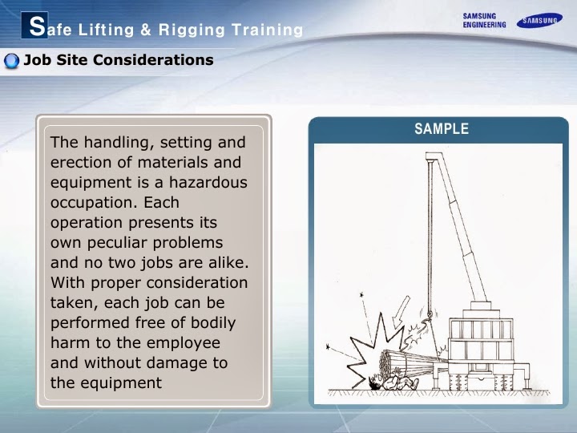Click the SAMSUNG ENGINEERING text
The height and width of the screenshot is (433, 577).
pyautogui.click(x=485, y=20)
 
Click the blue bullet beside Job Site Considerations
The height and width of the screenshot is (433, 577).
pyautogui.click(x=11, y=61)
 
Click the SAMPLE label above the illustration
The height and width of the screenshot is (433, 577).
pyautogui.click(x=441, y=129)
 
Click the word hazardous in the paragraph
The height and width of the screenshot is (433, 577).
pyautogui.click(x=211, y=183)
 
